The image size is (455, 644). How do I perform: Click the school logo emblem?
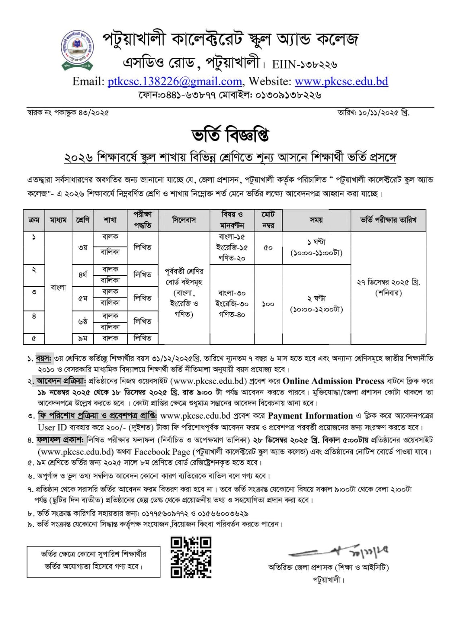[77, 48]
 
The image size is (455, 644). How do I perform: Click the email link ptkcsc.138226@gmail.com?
[174, 82]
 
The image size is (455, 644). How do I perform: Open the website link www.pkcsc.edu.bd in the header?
[341, 82]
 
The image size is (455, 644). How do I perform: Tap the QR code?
[191, 557]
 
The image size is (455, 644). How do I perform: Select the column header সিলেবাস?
[184, 220]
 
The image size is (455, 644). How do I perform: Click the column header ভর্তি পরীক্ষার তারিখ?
[388, 220]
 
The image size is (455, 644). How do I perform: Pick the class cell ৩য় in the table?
[83, 248]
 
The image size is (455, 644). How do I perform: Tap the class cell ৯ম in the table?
[83, 339]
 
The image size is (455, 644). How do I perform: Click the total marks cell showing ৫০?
[268, 248]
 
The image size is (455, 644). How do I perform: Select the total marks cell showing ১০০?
[268, 304]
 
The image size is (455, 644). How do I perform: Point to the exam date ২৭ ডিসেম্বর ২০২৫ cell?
[388, 287]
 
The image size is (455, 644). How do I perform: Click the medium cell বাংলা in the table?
[58, 287]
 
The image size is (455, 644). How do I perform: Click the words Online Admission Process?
[333, 381]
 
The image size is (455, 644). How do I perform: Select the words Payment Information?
[310, 416]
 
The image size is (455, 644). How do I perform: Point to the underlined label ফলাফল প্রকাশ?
[60, 440]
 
